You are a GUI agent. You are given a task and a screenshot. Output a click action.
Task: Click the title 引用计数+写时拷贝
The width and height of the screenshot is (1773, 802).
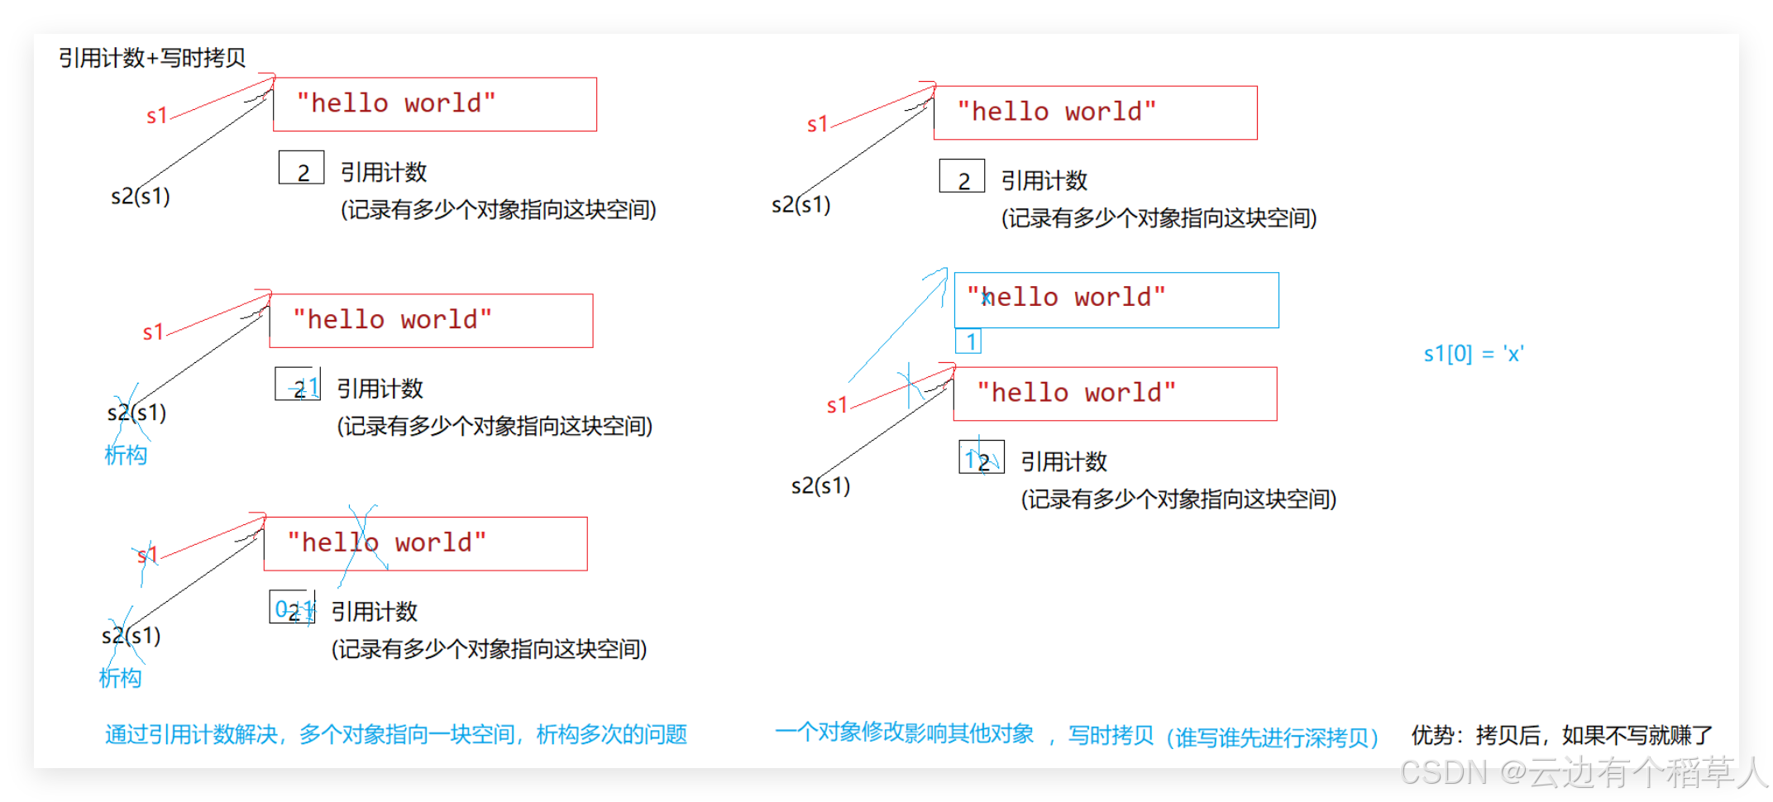pyautogui.click(x=152, y=58)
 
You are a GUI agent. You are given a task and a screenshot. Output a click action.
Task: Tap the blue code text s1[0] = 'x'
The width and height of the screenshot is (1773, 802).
pyautogui.click(x=1473, y=354)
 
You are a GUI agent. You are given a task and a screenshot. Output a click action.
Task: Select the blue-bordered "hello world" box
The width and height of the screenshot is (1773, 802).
pyautogui.click(x=1116, y=300)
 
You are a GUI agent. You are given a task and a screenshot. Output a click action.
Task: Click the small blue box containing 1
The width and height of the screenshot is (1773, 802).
pyautogui.click(x=968, y=341)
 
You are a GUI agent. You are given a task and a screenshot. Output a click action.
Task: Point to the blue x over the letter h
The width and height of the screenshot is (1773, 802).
pyautogui.click(x=986, y=298)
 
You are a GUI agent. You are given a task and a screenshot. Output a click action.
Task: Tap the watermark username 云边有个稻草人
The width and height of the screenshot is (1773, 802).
pyautogui.click(x=1646, y=772)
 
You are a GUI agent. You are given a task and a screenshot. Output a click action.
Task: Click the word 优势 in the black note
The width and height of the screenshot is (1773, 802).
pyautogui.click(x=1432, y=734)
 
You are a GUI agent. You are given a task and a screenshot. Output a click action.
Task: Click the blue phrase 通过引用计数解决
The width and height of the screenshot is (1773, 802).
pyautogui.click(x=191, y=734)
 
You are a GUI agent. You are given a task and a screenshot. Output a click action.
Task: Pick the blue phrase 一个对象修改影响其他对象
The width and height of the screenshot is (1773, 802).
pyautogui.click(x=905, y=733)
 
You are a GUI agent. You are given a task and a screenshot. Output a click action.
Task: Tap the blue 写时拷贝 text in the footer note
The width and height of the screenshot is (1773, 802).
pyautogui.click(x=1111, y=734)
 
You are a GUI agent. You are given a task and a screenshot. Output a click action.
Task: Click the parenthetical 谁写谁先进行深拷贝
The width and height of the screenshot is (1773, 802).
pyautogui.click(x=1274, y=737)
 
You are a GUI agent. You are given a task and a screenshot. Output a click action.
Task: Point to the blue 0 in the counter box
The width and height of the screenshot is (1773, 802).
pyautogui.click(x=281, y=609)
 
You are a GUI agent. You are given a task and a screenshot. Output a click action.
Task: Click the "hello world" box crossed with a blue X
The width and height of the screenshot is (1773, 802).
pyautogui.click(x=425, y=543)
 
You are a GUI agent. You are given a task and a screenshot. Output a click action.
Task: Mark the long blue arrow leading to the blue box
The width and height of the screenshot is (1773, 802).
pyautogui.click(x=897, y=327)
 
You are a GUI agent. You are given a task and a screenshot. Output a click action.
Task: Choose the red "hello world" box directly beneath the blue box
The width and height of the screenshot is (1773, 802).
pyautogui.click(x=1115, y=394)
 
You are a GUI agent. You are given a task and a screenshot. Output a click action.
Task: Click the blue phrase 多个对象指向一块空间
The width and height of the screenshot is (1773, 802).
pyautogui.click(x=407, y=734)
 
